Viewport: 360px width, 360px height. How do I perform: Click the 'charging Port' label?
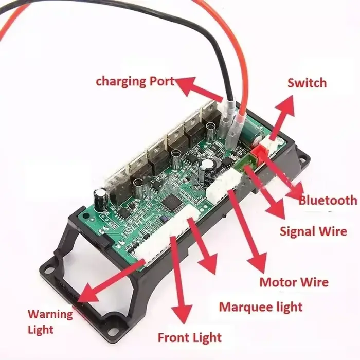click(x=135, y=82)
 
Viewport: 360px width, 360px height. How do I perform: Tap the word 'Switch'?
click(x=307, y=83)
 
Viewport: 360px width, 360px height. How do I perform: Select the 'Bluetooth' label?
click(x=328, y=200)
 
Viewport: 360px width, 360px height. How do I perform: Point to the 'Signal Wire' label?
click(x=313, y=231)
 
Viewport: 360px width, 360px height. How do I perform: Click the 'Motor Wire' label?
click(x=294, y=282)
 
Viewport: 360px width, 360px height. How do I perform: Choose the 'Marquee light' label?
click(x=261, y=307)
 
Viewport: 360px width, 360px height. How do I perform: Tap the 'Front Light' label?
click(x=190, y=338)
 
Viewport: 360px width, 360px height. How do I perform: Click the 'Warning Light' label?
click(x=50, y=321)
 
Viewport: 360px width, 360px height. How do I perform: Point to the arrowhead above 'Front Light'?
click(x=182, y=314)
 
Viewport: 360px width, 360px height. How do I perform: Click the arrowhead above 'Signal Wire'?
click(x=276, y=208)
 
